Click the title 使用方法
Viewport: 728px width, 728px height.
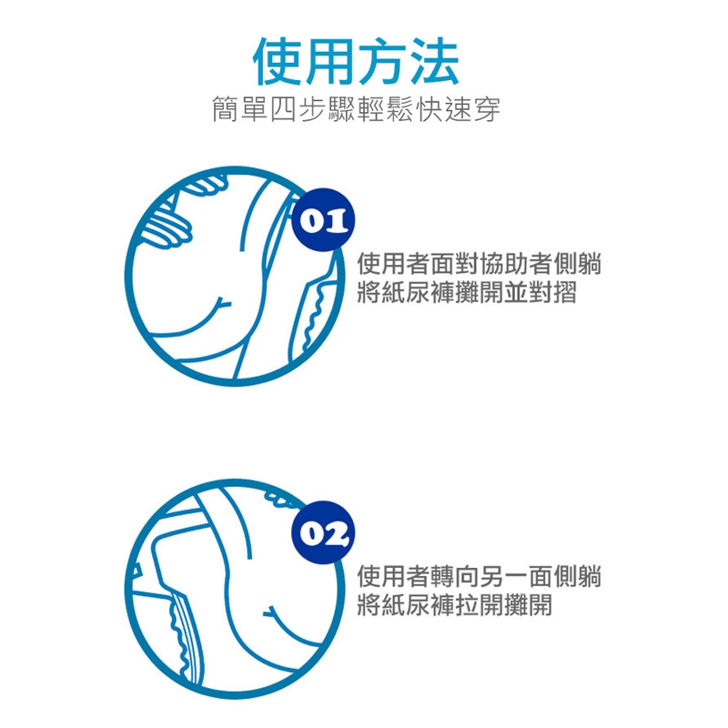[x=356, y=61]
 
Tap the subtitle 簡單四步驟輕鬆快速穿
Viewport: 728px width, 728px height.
[x=356, y=110]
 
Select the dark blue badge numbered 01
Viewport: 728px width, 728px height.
[x=323, y=220]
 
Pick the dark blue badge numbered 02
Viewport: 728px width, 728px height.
[x=323, y=532]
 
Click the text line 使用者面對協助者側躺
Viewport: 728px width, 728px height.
[x=480, y=264]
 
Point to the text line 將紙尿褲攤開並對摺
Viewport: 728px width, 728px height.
[x=467, y=292]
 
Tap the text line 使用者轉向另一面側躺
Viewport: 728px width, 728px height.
[x=480, y=577]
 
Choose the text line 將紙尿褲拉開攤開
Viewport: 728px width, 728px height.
[x=454, y=605]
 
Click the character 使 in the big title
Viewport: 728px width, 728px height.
[x=278, y=61]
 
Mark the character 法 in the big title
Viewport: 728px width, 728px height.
[x=435, y=61]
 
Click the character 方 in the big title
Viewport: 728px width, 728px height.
[x=382, y=61]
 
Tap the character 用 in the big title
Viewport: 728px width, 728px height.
[x=330, y=61]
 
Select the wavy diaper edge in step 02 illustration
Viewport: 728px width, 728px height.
[x=178, y=636]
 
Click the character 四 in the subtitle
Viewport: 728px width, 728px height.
[x=284, y=110]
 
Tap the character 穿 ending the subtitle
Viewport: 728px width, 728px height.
[x=487, y=110]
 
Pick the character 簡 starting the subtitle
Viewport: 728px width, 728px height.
[x=226, y=110]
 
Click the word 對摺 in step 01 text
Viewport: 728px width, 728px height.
[x=552, y=292]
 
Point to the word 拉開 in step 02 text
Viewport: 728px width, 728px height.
[x=480, y=605]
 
